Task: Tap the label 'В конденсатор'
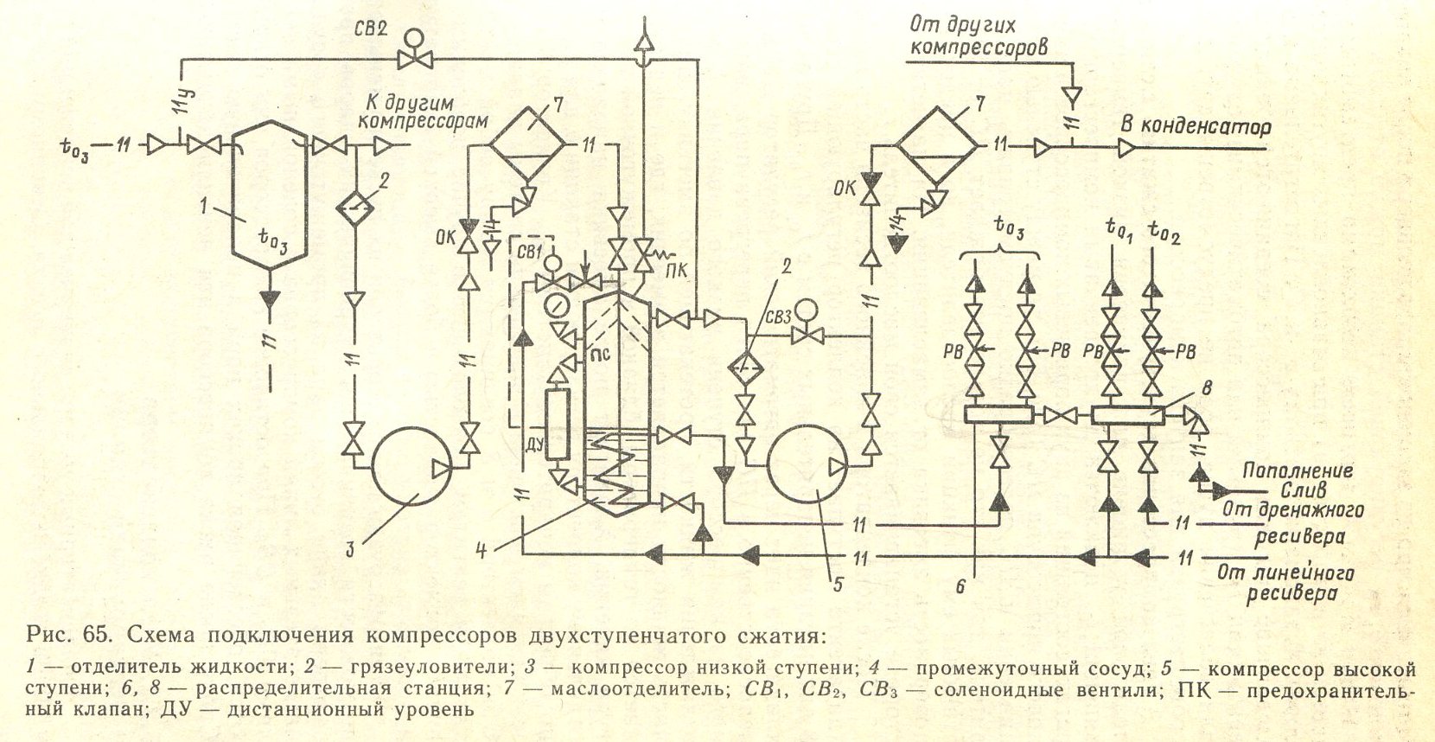point(1195,126)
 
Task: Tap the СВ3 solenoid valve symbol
point(807,327)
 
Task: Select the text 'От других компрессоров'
point(978,35)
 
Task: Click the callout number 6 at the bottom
point(960,585)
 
